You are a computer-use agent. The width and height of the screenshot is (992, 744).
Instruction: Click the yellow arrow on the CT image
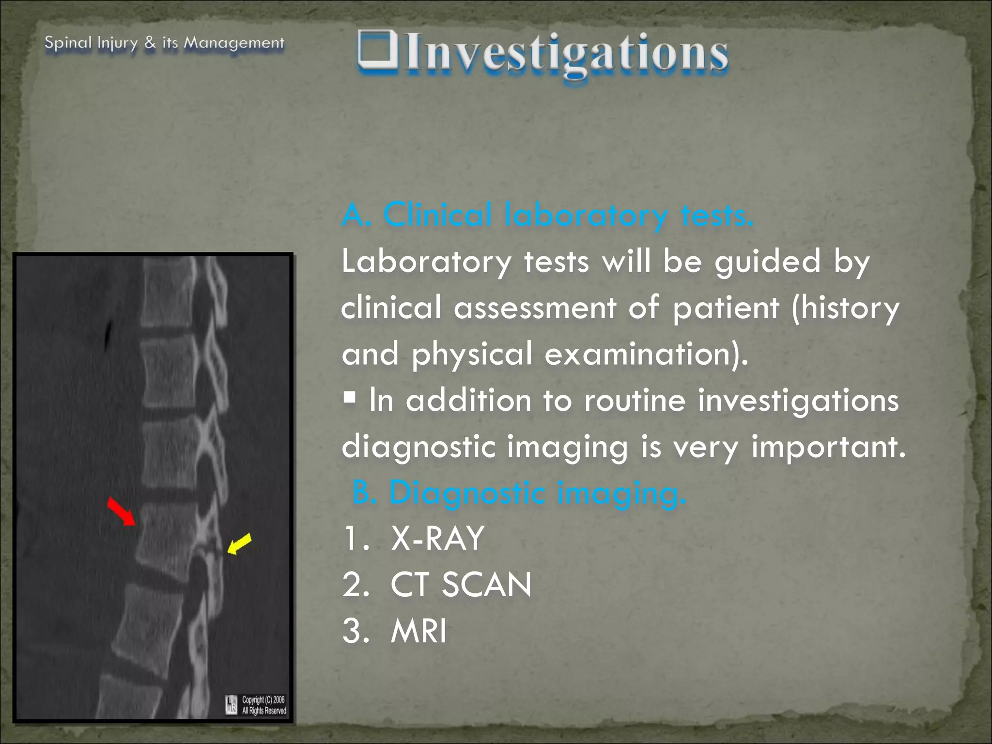(239, 543)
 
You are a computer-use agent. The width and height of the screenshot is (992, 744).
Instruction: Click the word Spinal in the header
(68, 43)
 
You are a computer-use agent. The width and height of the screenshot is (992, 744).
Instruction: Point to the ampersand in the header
(150, 43)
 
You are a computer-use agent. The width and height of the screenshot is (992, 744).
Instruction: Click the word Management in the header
(234, 43)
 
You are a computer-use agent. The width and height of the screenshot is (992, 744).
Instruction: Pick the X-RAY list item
(437, 538)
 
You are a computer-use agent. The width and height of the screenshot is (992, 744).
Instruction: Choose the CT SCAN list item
(461, 585)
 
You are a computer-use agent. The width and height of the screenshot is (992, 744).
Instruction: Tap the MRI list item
(418, 631)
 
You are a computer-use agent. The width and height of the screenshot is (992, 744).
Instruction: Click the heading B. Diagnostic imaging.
(519, 493)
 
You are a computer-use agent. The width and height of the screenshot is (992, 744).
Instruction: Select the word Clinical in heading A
(437, 215)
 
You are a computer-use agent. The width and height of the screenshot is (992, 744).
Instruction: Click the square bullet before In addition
(349, 398)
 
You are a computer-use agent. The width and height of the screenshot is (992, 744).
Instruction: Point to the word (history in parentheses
(845, 308)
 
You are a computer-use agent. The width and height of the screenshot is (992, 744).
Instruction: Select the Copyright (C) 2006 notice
(263, 700)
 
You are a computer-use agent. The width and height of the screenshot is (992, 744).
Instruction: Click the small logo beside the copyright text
(232, 705)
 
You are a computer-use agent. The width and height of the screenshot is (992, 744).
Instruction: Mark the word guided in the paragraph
(767, 262)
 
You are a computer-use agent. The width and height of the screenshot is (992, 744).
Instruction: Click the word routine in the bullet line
(635, 401)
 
